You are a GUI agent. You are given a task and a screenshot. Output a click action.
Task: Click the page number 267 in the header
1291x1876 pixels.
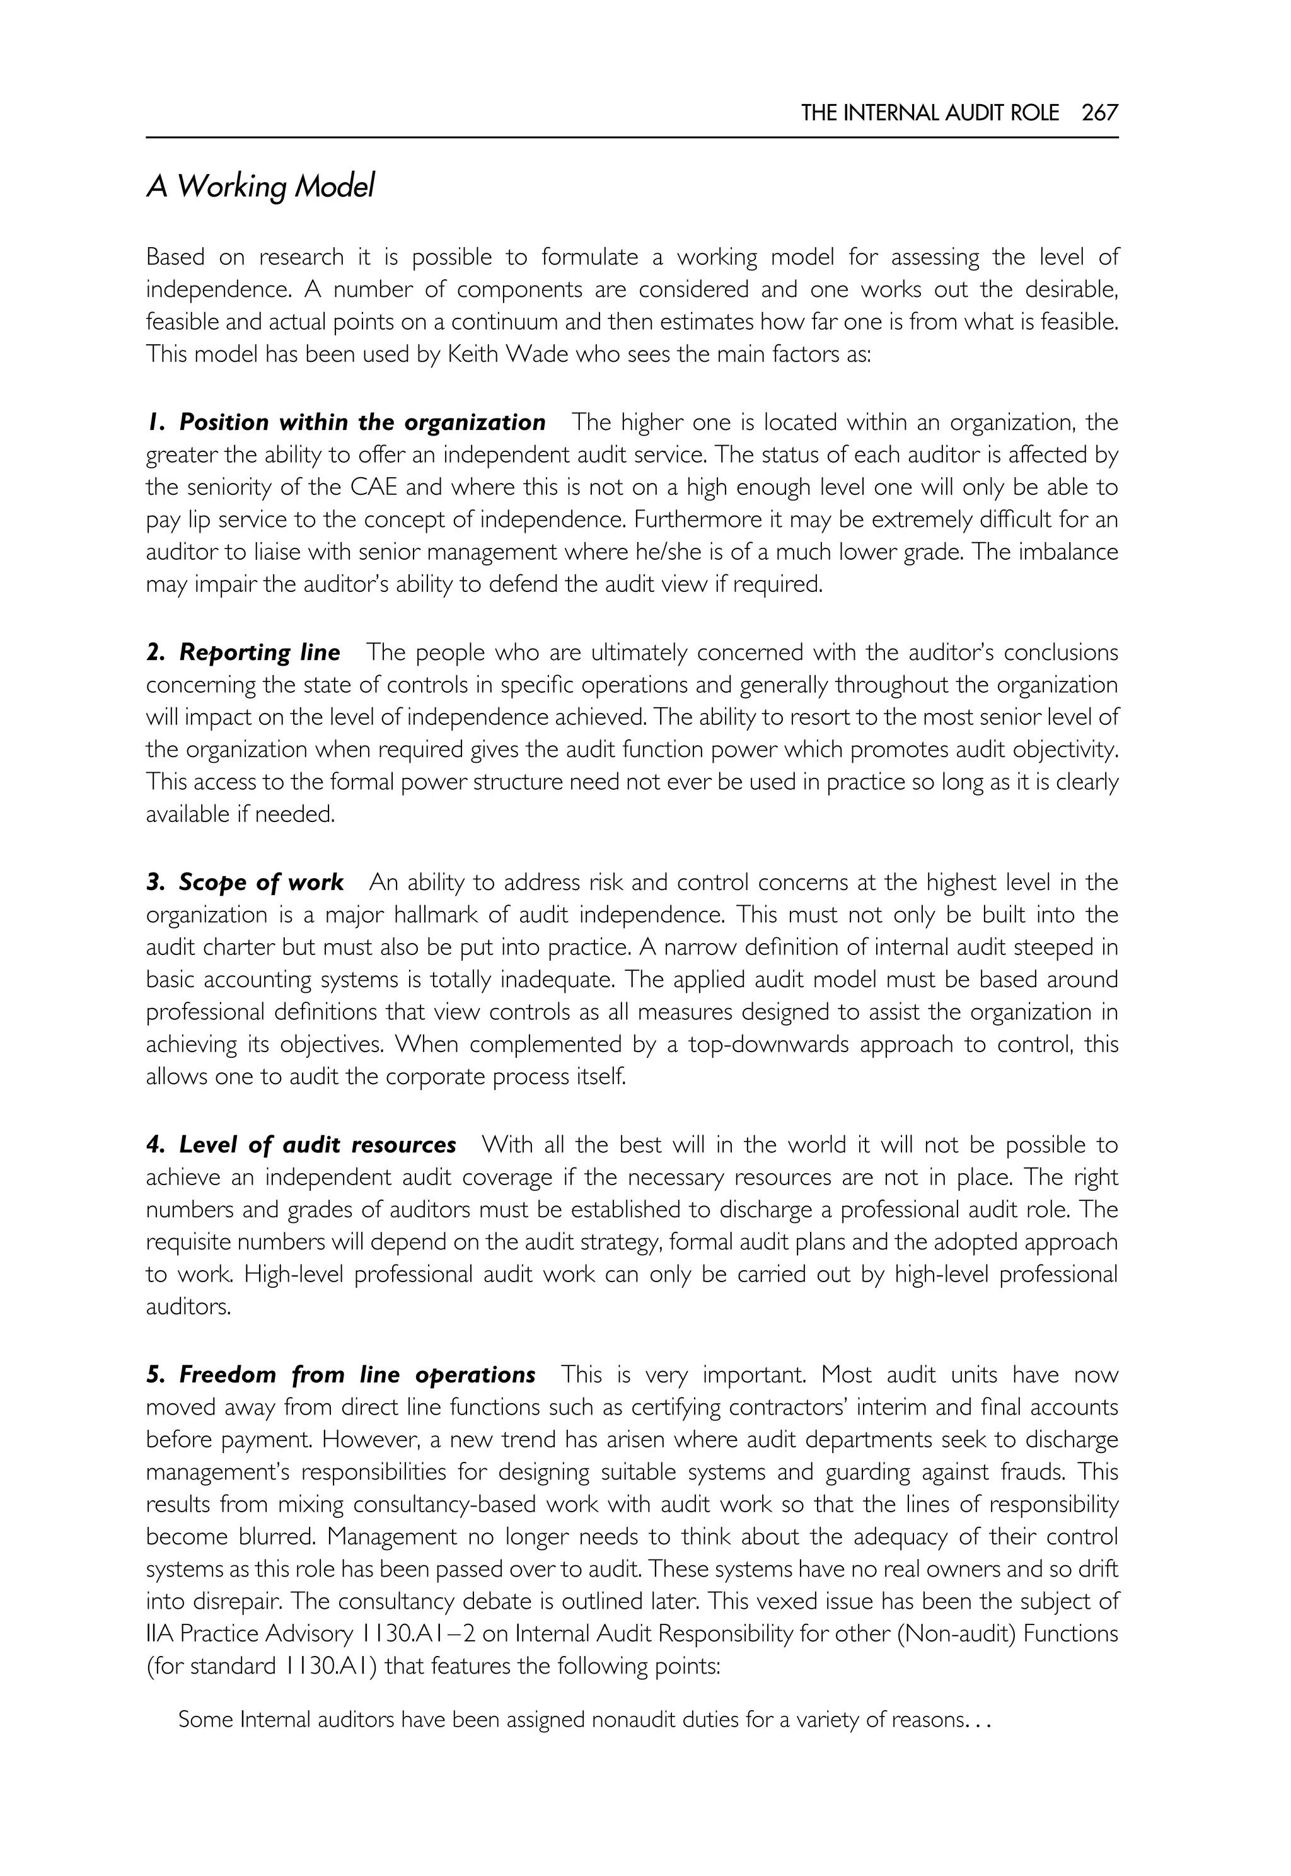click(x=1099, y=113)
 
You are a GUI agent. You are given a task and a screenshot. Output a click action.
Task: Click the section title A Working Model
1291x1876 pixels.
click(x=260, y=188)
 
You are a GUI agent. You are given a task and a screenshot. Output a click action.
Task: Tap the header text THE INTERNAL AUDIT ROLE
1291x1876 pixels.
click(x=929, y=113)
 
